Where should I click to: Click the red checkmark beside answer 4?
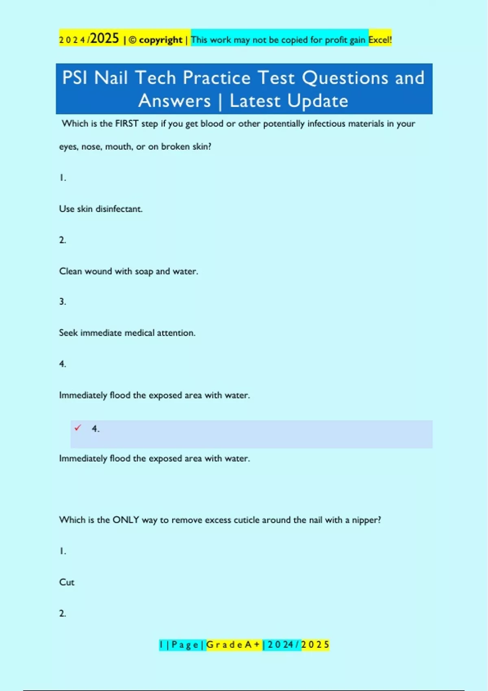(x=78, y=428)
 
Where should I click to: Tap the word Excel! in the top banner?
(x=380, y=40)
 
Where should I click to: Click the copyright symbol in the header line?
(x=133, y=40)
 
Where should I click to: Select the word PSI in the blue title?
(x=75, y=78)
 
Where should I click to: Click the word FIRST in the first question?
(x=126, y=124)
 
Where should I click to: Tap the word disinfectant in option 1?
(x=119, y=209)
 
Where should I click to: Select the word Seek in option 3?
(x=68, y=333)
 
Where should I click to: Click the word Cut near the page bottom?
(x=67, y=582)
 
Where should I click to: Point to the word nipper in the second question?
(x=365, y=520)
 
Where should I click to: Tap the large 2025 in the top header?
(x=105, y=39)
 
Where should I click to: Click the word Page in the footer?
(x=185, y=645)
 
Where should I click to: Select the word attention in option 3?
(x=176, y=333)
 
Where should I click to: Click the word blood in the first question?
(x=212, y=124)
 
